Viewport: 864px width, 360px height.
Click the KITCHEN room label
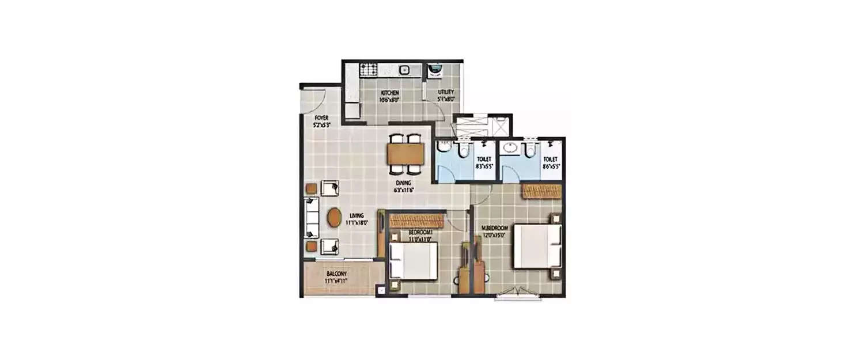coord(389,92)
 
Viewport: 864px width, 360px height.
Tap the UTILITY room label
coord(445,92)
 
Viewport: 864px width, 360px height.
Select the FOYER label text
coord(321,118)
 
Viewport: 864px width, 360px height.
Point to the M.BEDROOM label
coord(494,228)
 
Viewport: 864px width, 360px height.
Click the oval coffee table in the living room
coord(334,218)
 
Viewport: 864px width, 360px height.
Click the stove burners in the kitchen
coord(368,70)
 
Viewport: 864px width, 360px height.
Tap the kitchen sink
coord(404,70)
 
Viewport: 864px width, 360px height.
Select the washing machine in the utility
coord(436,70)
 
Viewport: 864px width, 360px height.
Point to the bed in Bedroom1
coord(413,260)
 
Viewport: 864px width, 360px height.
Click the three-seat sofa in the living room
coord(311,218)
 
